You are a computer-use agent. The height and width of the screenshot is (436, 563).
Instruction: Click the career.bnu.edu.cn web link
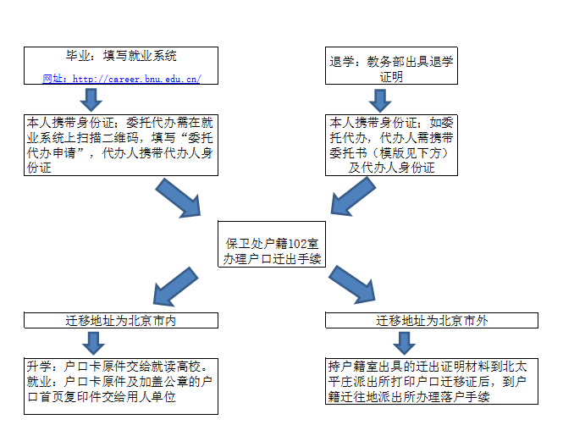click(x=136, y=79)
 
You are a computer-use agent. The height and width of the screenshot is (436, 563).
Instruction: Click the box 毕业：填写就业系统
click(x=120, y=57)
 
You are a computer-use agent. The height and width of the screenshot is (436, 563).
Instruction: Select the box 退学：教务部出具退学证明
click(x=391, y=69)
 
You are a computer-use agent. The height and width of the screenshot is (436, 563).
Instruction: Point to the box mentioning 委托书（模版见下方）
click(x=391, y=145)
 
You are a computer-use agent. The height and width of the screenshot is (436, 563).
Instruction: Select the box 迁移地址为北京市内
click(x=120, y=321)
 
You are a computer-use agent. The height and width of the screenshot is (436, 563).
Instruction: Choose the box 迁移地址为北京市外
click(x=432, y=321)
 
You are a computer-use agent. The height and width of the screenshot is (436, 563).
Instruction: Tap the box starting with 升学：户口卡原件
click(x=120, y=384)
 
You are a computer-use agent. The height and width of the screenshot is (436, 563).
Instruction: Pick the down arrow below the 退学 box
click(x=380, y=100)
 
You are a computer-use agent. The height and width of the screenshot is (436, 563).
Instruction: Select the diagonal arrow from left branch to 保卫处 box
click(x=182, y=200)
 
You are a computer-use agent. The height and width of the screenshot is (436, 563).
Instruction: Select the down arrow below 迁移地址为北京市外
click(x=404, y=342)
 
